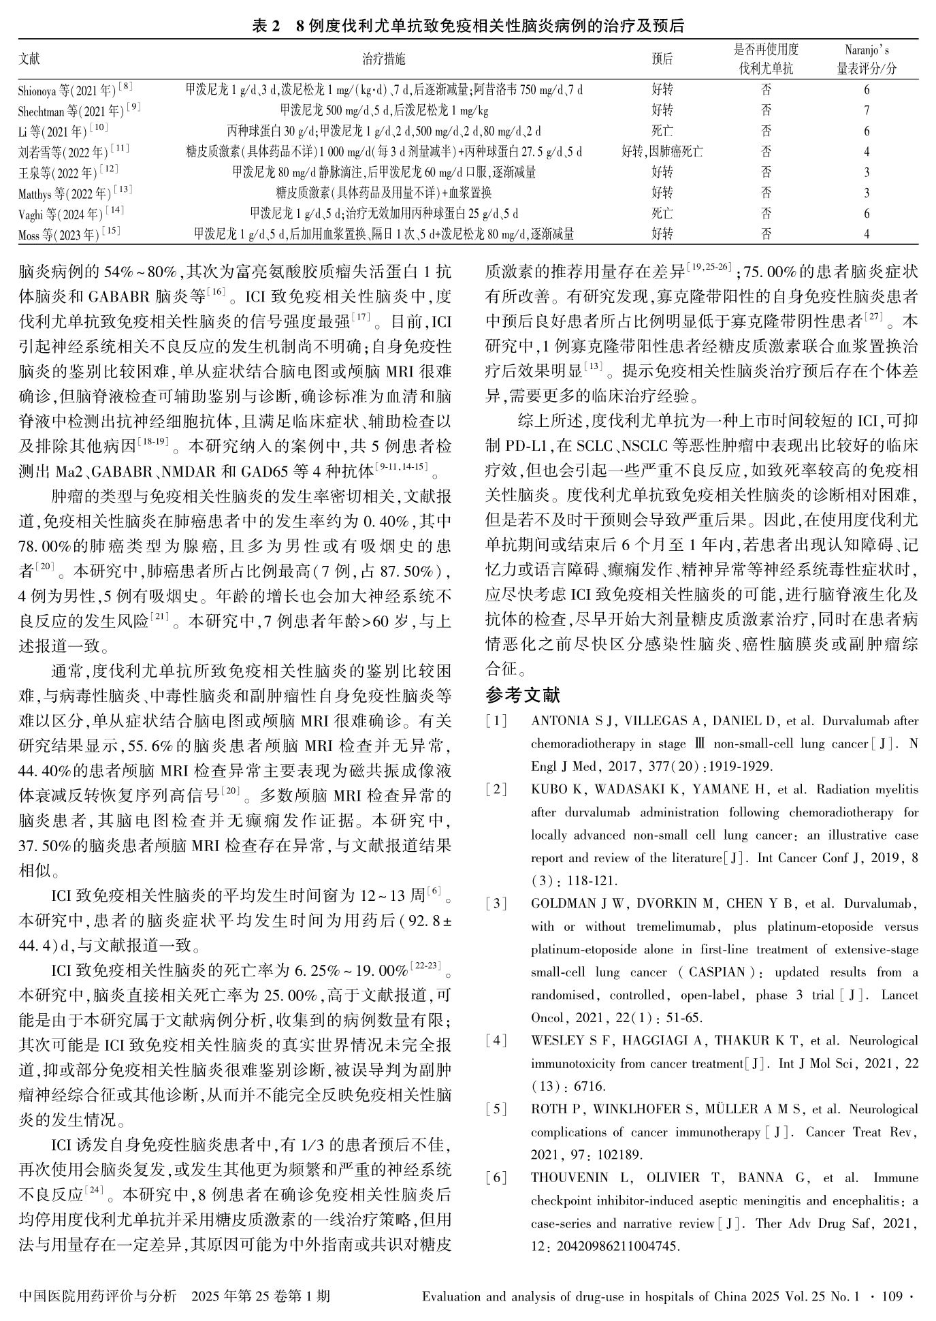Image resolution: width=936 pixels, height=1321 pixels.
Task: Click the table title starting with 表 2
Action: (468, 26)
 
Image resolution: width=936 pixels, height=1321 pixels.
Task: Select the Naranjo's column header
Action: (867, 59)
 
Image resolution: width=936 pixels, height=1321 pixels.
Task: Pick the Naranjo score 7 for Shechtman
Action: (867, 110)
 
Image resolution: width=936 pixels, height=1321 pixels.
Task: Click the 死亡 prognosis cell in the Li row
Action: (662, 131)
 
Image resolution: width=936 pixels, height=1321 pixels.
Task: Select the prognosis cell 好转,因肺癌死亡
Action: (662, 152)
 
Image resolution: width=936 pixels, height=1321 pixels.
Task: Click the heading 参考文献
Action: (523, 695)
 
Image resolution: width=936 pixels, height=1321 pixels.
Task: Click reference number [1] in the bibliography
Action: (496, 721)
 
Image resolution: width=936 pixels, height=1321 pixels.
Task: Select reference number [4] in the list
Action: (496, 1040)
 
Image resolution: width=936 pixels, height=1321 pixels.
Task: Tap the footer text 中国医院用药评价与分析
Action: (97, 1296)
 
